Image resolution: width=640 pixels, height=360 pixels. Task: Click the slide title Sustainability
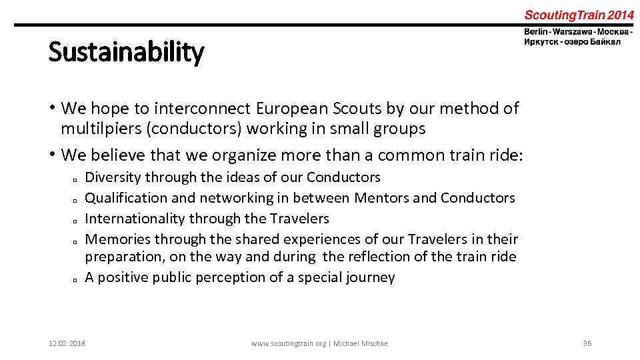coord(126,53)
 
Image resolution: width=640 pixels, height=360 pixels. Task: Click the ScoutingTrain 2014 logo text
coord(579,15)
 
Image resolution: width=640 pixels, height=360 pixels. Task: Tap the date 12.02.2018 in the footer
coord(67,343)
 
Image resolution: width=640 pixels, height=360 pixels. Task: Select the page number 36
coord(587,343)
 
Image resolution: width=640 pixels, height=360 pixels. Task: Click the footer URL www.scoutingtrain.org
coord(288,343)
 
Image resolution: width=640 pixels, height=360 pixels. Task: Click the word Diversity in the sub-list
coord(113,177)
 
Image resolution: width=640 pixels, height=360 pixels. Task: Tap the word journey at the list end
coord(370,277)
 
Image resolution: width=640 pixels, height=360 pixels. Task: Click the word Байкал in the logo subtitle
coord(605,42)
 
